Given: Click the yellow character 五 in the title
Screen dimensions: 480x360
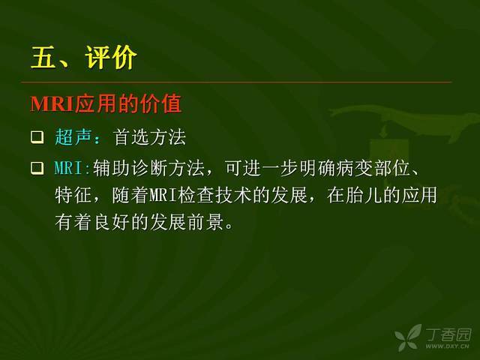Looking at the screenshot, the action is coord(43,57).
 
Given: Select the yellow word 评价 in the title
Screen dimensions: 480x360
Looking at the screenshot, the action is coord(111,57).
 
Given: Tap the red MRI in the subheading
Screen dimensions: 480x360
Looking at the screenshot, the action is coord(52,103).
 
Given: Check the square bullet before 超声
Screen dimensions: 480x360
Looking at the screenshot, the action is coord(37,137).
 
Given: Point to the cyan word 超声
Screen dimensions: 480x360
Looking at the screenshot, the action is coord(73,136).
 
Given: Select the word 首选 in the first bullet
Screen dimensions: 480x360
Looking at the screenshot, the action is coord(132,136).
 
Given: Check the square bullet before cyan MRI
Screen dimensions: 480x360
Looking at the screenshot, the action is coord(37,168).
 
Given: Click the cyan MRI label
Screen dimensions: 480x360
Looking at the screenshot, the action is coord(69,168).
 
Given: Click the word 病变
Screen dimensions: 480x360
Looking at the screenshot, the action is coord(355,168).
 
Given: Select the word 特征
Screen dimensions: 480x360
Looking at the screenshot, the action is coord(73,195).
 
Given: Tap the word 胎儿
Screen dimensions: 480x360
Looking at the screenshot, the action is coord(364,195).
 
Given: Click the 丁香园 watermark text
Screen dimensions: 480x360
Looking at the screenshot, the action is coord(448,334).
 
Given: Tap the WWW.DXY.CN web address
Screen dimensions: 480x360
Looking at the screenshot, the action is coord(448,346).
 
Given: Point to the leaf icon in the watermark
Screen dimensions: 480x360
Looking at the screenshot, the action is coord(408,337).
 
